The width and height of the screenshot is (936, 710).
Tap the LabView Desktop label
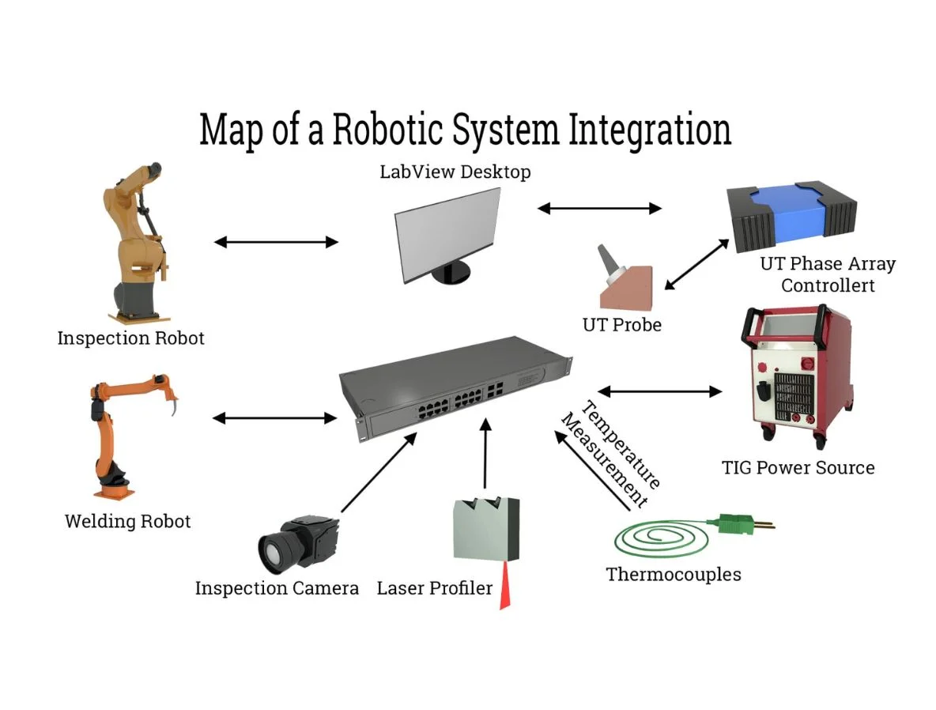tap(456, 172)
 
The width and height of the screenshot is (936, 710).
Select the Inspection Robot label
tap(130, 338)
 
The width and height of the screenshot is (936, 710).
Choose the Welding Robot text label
tap(127, 522)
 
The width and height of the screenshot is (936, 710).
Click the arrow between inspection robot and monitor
tap(276, 242)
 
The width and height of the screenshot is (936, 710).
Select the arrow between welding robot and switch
tap(274, 417)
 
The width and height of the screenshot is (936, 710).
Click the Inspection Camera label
tap(277, 588)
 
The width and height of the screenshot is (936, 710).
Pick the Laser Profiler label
tap(434, 588)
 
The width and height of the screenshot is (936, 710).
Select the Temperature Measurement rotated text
tap(610, 454)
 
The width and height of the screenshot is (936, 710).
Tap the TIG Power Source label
tap(798, 467)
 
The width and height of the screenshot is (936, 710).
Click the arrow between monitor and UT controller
tap(599, 209)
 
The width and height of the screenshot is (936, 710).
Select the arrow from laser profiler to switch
tap(485, 455)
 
